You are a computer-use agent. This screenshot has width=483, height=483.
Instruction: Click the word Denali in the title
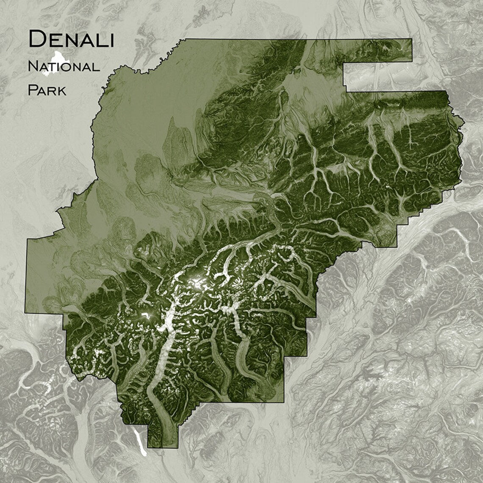point(71,39)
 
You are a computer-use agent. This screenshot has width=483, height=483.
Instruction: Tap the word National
point(64,67)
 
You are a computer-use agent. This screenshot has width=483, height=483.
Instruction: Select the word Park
point(47,90)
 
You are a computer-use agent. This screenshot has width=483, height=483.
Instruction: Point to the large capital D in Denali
point(37,39)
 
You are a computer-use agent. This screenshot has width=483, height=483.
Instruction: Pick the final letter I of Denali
point(111,40)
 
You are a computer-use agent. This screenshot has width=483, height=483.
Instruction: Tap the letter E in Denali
point(54,40)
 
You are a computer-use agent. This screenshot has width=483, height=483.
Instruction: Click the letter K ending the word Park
point(61,91)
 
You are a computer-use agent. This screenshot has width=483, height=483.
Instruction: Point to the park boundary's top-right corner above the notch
point(411,39)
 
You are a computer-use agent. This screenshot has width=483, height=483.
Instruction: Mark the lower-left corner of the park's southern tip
point(148,447)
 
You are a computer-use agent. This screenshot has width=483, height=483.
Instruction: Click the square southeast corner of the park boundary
point(283,402)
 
